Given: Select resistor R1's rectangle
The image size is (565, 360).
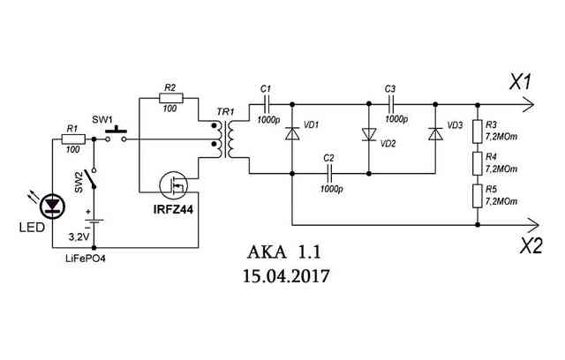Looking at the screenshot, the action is click(73, 139).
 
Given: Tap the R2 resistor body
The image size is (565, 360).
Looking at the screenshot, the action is click(171, 98).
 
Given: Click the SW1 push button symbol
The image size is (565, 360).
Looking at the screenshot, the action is click(116, 135).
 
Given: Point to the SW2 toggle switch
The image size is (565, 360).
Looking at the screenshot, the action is click(94, 178).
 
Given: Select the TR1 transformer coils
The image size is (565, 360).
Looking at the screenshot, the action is click(223, 139).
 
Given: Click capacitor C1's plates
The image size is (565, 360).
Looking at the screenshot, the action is click(267, 104).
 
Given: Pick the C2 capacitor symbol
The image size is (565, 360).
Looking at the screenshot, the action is click(329, 174).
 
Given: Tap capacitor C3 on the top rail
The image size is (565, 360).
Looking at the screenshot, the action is click(391, 104).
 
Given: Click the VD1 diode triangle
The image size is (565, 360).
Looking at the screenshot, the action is click(292, 133).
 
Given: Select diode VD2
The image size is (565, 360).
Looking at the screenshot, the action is click(369, 134).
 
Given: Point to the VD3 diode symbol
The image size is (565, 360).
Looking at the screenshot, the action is click(435, 133).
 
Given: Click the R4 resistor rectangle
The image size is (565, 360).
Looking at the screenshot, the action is click(478, 164).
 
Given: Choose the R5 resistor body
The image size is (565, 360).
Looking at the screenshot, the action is click(478, 196).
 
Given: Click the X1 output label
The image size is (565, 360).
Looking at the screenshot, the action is click(520, 81).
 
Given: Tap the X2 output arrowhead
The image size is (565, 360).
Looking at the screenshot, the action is click(533, 225).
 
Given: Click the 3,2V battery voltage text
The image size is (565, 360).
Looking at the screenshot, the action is click(79, 236).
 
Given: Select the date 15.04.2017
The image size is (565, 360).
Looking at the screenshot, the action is click(286, 276).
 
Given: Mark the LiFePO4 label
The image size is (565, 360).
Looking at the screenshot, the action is click(86, 259).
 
